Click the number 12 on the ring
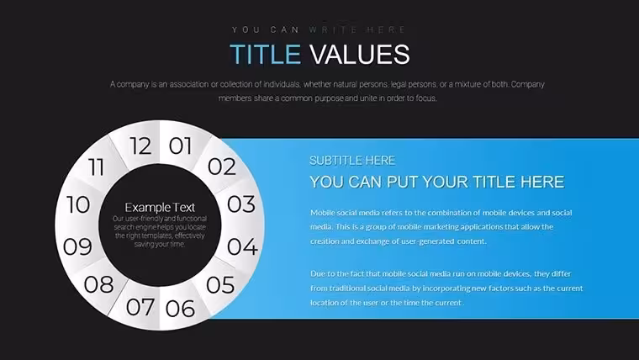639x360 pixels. coord(140,146)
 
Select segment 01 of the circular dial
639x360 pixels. coord(180,146)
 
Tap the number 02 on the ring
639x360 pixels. coord(222,167)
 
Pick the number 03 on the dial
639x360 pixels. coord(241,204)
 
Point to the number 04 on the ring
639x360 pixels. coord(242,246)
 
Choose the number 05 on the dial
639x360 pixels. coord(220,284)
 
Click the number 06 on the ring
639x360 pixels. coord(180,309)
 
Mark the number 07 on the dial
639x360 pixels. coord(140,307)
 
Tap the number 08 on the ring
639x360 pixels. coord(98,284)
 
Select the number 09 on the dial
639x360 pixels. coord(77,246)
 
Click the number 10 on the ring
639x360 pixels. coord(78,204)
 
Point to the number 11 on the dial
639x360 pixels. coord(96,167)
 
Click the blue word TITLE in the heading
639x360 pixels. coord(266,54)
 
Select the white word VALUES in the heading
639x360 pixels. coord(360,54)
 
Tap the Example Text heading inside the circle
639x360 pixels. coord(160,208)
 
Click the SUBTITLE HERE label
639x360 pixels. coord(352,161)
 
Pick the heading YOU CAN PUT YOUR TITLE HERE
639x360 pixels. coord(437,182)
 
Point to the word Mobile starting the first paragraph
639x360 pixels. coord(321,213)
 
